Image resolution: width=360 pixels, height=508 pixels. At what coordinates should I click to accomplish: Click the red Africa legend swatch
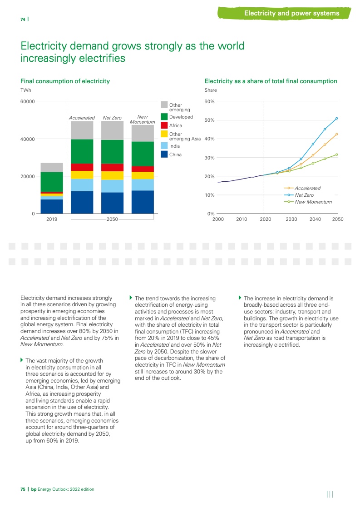tap(165, 125)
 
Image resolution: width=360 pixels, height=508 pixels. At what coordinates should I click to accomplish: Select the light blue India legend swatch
tap(165, 145)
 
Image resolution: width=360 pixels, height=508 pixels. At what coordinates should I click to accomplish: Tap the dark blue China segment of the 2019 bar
tap(52, 206)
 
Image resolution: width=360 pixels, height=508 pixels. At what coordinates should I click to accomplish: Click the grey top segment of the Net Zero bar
tap(112, 130)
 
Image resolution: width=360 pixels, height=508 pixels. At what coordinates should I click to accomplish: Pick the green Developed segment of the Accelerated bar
tap(82, 151)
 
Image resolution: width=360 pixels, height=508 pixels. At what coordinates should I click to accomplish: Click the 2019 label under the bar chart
tap(52, 219)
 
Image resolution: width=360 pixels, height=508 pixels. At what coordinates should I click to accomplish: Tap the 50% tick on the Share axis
tap(209, 120)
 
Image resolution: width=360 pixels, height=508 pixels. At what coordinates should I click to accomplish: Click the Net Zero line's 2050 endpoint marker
tap(336, 119)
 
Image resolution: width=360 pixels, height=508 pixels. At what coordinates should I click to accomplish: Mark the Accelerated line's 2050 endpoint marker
tap(336, 134)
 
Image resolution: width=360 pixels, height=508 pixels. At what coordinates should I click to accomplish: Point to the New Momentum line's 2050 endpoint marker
tap(336, 154)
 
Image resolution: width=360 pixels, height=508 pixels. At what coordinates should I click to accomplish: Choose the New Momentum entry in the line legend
tap(313, 202)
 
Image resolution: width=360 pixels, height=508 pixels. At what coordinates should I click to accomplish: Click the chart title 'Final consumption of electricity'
tap(65, 81)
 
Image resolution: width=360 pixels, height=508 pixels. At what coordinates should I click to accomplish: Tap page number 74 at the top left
tap(23, 19)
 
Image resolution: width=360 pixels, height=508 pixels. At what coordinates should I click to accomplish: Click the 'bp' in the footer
tap(34, 489)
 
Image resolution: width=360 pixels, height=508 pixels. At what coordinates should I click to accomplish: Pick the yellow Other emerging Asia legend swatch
tap(165, 134)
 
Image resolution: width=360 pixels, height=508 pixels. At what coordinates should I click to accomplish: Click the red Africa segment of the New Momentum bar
tap(143, 169)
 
